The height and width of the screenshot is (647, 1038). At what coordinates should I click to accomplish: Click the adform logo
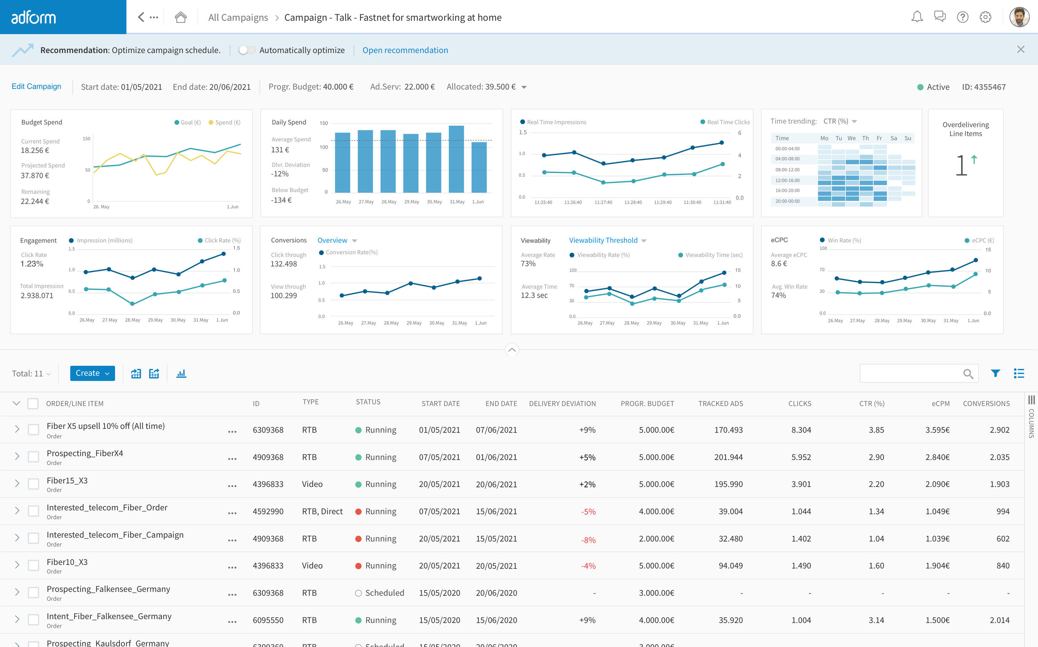[33, 18]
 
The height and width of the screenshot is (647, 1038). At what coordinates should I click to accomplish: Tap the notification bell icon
[917, 17]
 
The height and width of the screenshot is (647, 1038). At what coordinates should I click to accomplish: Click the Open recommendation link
[405, 50]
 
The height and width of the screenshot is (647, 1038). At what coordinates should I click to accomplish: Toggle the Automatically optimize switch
[247, 50]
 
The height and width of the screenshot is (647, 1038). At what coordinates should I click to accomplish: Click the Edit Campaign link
[36, 86]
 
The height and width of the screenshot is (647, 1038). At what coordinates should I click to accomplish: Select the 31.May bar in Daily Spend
[456, 159]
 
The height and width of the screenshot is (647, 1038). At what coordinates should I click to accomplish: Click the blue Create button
[92, 373]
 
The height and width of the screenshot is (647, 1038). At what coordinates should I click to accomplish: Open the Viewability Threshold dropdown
[607, 241]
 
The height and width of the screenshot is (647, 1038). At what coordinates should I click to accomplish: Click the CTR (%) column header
[871, 404]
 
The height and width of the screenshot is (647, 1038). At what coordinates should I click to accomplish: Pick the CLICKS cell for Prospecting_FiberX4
[801, 457]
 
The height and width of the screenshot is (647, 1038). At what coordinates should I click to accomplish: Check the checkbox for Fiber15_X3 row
[33, 484]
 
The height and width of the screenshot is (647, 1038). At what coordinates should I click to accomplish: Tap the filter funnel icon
[995, 374]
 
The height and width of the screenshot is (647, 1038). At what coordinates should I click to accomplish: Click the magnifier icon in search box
[968, 374]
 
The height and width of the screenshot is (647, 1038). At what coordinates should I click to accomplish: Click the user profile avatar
[1019, 17]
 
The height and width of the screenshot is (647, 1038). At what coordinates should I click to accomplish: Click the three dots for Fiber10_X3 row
[232, 567]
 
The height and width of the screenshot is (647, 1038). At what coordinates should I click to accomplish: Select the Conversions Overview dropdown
[337, 241]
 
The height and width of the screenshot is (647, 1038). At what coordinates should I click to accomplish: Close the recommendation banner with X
[1020, 50]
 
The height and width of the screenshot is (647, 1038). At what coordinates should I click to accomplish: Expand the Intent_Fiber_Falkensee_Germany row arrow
[17, 619]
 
